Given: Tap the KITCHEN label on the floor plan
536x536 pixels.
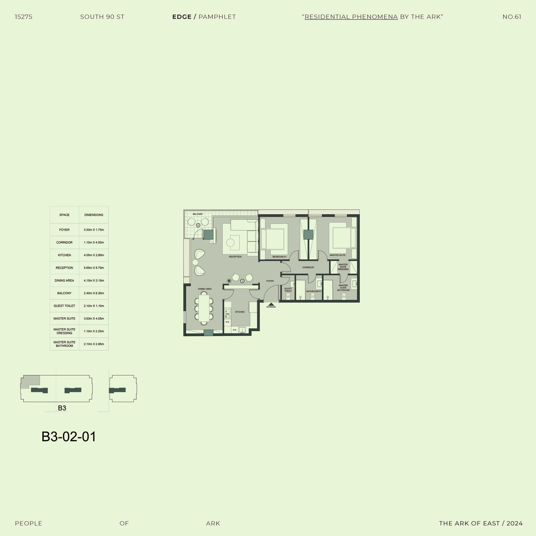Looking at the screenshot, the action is [x=240, y=312].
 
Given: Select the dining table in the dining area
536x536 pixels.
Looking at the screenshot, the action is [x=204, y=308].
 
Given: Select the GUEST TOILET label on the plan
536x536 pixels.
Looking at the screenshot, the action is [x=288, y=290].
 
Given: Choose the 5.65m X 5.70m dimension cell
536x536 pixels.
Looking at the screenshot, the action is [x=94, y=268].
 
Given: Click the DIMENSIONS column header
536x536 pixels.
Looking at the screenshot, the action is [x=94, y=215].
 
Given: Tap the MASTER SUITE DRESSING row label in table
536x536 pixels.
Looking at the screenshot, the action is [x=64, y=331].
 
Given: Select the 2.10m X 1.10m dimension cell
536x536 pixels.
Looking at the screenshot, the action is [x=94, y=306].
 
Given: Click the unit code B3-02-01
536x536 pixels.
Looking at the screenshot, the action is [x=68, y=436].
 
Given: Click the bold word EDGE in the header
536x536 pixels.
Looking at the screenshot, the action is [x=182, y=17].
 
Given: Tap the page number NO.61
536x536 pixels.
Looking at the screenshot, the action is [x=512, y=17].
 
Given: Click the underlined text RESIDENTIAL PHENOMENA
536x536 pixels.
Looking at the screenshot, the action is [x=351, y=17].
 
